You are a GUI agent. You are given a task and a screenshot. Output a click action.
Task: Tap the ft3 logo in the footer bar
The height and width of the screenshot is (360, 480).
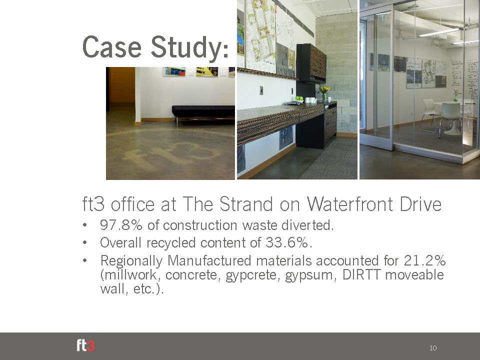point(85,345)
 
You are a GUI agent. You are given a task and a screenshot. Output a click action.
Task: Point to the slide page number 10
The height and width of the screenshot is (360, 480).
point(433,348)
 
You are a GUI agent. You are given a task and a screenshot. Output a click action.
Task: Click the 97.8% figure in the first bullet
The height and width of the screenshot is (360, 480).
point(121,225)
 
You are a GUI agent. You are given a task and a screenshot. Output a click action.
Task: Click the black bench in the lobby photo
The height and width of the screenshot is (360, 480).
point(203,114)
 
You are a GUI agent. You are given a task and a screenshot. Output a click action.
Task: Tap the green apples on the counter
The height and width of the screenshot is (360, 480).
point(299,99)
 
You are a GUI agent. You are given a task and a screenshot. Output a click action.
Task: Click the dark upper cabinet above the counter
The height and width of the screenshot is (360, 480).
point(311,63)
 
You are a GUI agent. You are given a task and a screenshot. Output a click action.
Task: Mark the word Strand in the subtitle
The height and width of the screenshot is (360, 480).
point(246,204)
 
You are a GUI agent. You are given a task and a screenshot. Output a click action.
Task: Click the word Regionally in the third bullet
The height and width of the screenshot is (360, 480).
point(131,261)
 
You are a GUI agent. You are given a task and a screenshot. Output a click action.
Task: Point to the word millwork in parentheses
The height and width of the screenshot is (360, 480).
point(130,274)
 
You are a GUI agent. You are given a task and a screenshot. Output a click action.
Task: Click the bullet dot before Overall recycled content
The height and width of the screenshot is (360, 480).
point(85,243)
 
